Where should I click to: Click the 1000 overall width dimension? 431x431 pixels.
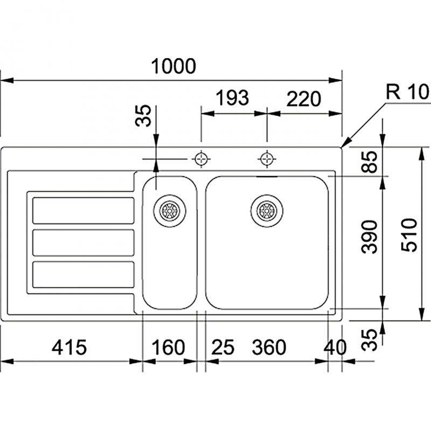click(x=172, y=67)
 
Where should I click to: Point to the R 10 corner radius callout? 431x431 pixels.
click(x=406, y=93)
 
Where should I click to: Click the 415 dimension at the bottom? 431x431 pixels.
click(x=69, y=347)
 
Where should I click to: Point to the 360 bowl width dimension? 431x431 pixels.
click(x=268, y=347)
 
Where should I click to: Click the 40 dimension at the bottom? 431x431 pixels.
click(x=336, y=347)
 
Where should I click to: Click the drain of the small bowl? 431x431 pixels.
click(x=169, y=209)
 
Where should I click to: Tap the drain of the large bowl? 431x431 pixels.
click(x=266, y=209)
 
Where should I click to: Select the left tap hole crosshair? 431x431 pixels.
click(x=201, y=159)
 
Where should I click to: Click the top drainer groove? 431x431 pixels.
click(x=84, y=210)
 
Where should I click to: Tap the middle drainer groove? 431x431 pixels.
click(x=84, y=242)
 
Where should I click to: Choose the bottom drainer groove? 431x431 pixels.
click(x=84, y=274)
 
